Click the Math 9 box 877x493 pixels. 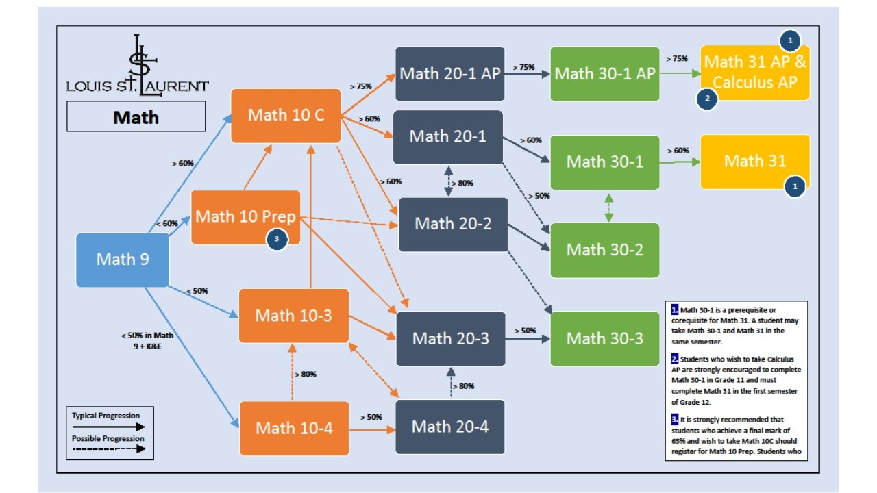point(122,260)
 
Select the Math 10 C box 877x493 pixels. point(286,115)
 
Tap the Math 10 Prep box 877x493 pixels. point(245,217)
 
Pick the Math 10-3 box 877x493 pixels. point(293,316)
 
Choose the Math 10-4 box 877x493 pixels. point(294,429)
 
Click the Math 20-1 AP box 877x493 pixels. point(449,73)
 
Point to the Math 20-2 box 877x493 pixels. point(453,224)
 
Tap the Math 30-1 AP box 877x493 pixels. point(605,73)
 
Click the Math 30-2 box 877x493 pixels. point(605,250)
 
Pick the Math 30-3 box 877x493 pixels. point(605,338)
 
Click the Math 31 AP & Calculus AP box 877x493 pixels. point(754,72)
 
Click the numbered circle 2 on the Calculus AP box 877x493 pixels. point(706,99)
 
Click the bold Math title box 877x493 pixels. point(136,117)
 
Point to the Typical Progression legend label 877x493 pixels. point(106,416)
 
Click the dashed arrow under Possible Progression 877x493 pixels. point(108,449)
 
